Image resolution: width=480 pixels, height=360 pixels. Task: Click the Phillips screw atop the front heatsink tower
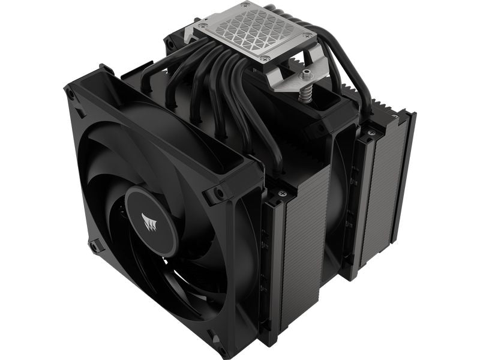click(x=281, y=193)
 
